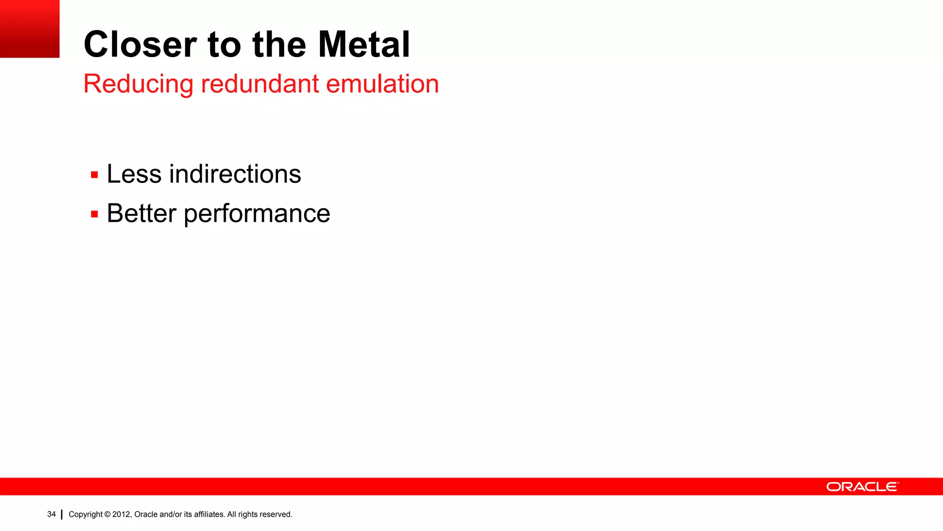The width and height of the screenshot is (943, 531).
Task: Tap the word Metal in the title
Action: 364,45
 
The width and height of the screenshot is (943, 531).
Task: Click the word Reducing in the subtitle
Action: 138,84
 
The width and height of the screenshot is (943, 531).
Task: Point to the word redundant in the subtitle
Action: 260,84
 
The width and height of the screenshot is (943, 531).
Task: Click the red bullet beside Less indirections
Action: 94,175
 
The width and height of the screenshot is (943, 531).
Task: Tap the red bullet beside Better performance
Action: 94,214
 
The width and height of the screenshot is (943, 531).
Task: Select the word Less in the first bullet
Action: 134,174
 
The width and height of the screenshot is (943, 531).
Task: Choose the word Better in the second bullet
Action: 141,213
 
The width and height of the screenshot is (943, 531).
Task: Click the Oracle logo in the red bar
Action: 862,487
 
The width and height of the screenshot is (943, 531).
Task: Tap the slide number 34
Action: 51,514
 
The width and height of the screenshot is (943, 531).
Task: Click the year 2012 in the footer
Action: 122,514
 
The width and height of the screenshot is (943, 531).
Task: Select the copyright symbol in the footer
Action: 107,514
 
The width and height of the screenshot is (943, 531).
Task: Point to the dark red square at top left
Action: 29,29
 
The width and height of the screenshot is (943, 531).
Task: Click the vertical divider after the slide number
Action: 62,514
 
